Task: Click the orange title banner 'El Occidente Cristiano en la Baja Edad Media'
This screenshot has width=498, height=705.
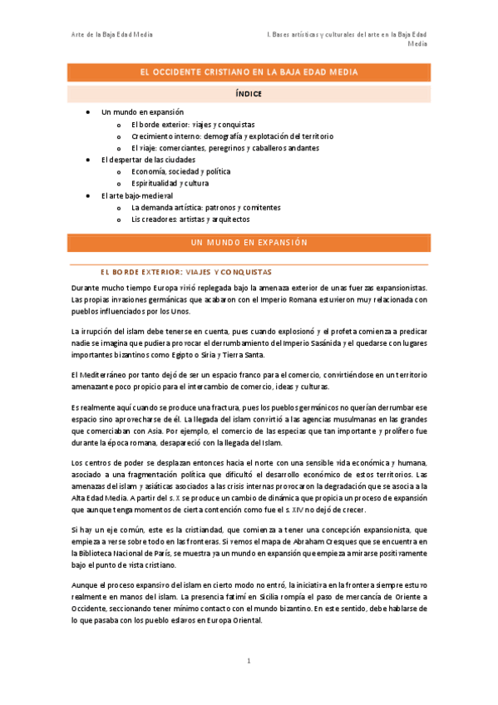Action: (249, 72)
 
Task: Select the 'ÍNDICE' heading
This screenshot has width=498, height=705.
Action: (249, 94)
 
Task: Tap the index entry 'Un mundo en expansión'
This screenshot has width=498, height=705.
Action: (142, 111)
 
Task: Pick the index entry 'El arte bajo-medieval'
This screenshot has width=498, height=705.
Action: (136, 195)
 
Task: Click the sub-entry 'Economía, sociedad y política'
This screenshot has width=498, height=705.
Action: (181, 171)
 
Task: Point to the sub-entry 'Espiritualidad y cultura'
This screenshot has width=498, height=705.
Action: (170, 183)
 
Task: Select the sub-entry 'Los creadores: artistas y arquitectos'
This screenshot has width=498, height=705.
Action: (190, 219)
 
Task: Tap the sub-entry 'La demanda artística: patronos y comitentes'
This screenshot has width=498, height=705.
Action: (205, 207)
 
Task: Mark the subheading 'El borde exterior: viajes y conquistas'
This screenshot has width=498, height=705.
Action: (185, 272)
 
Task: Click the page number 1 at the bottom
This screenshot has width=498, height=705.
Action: (249, 661)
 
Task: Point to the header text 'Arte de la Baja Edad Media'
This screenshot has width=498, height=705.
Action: (111, 34)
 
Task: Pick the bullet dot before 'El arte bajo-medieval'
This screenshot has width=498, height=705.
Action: (89, 195)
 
